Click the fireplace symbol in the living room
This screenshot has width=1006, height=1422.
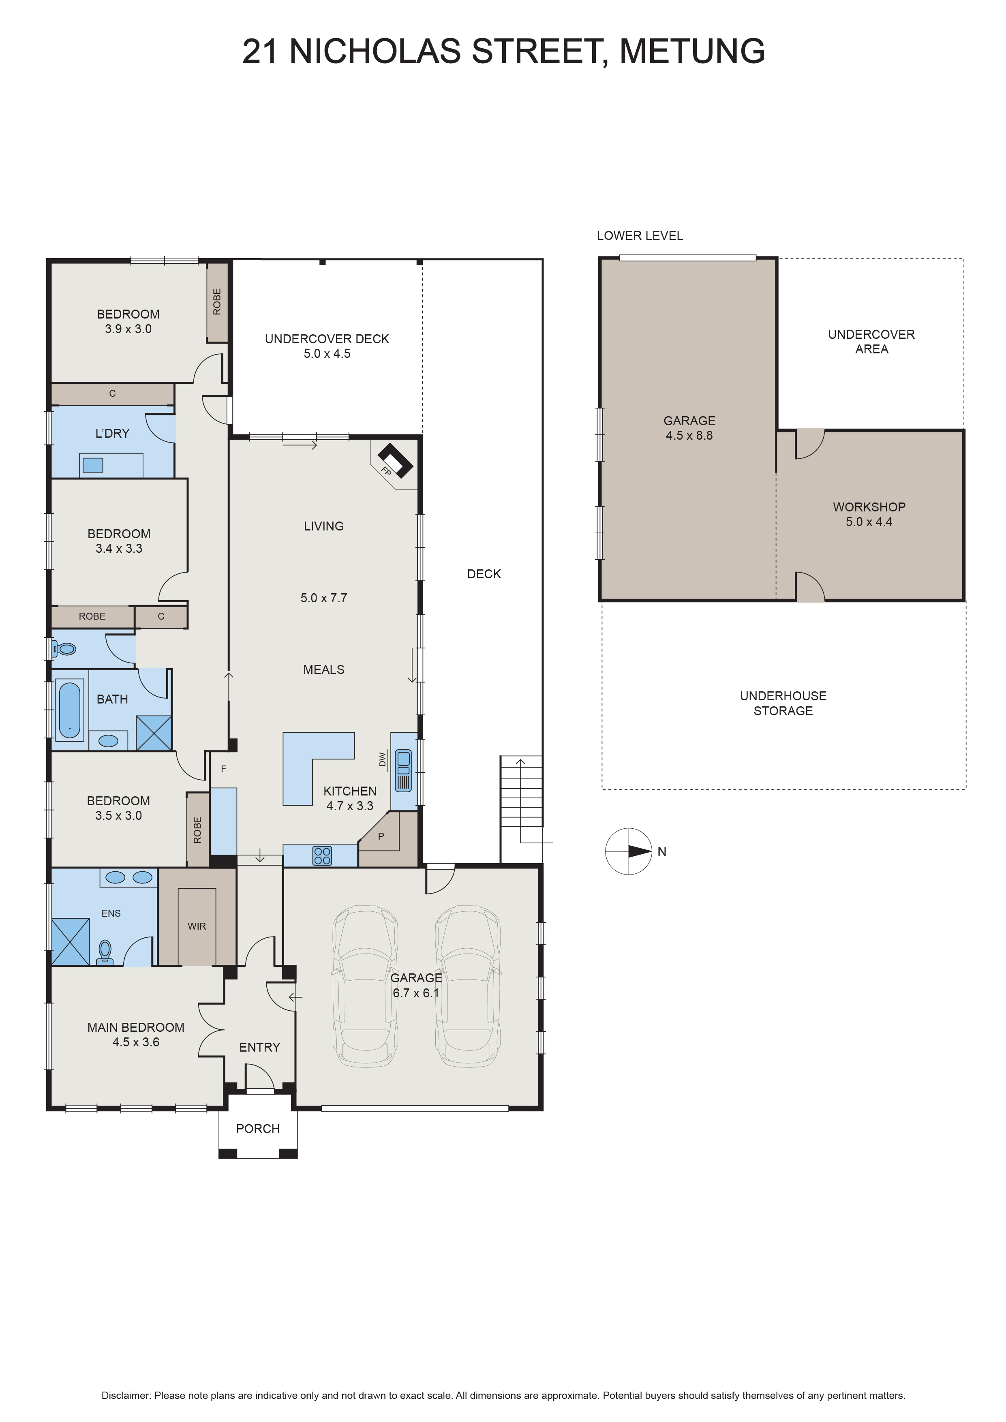(x=395, y=461)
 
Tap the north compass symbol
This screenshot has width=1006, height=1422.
(x=629, y=851)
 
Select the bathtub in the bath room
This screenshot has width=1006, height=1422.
(x=69, y=710)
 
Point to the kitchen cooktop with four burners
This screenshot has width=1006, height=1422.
(x=323, y=855)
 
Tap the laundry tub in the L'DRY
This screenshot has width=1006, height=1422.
(x=93, y=464)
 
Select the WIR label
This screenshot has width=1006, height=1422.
(x=197, y=926)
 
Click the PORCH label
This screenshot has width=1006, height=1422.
(x=258, y=1129)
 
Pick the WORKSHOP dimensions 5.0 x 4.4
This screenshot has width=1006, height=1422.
(x=869, y=522)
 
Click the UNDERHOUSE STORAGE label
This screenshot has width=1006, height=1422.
(x=783, y=703)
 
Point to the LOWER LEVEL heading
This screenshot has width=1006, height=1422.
(x=640, y=235)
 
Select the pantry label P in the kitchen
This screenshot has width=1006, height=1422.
(x=381, y=836)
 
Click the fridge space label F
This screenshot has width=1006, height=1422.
(x=224, y=769)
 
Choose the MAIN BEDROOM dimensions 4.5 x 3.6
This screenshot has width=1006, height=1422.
(x=136, y=1042)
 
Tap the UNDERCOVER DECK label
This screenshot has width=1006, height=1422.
(x=327, y=339)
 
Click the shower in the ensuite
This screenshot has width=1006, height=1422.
(x=70, y=941)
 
